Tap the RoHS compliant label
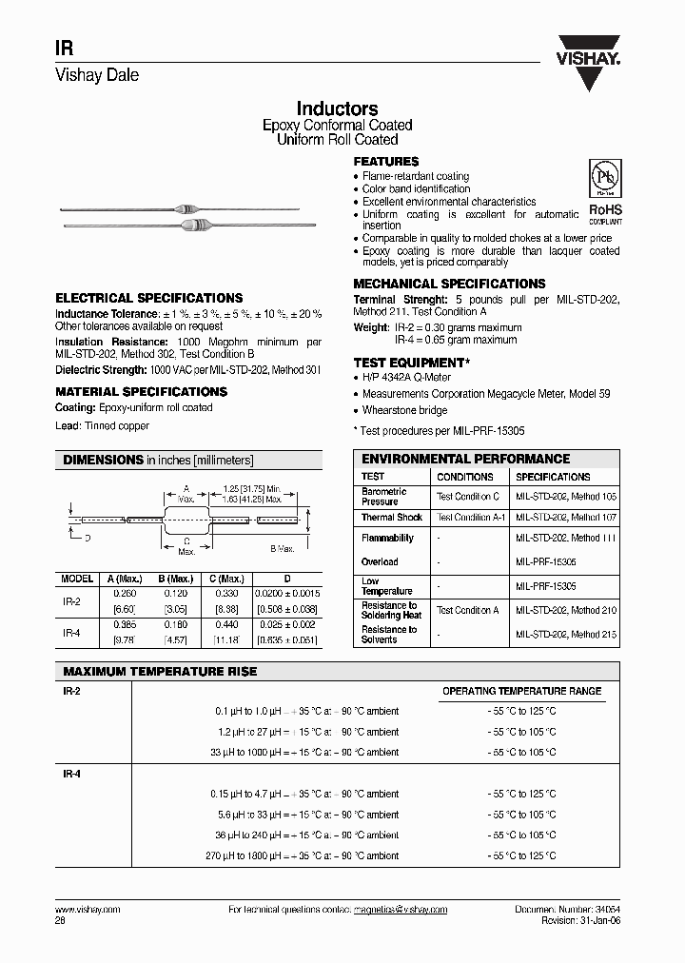point(605,211)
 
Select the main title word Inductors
point(337,109)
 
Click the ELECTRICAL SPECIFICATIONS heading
point(148,298)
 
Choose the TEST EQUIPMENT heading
point(411,364)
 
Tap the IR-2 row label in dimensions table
point(71,601)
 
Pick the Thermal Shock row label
point(391,518)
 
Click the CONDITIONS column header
point(464,477)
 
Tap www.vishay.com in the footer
point(82,910)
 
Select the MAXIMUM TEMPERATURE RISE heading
point(160,672)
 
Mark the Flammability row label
point(387,538)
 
